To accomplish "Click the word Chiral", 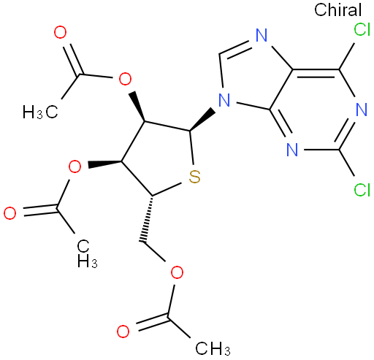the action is [337, 10].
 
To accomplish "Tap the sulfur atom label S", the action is [194, 177].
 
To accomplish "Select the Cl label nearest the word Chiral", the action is [362, 30].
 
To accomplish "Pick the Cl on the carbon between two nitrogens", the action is [362, 189].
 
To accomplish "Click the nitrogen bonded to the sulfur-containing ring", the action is [224, 100].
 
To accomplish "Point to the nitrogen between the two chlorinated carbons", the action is [362, 110].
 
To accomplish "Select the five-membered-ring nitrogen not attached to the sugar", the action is [262, 35].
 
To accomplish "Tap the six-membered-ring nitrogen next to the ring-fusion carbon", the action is [292, 150].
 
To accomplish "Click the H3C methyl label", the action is [40, 112].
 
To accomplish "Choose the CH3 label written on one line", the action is [213, 348].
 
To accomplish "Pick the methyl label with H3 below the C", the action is [87, 253].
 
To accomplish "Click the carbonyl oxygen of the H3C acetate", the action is [60, 33].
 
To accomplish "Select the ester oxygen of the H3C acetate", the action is [125, 79].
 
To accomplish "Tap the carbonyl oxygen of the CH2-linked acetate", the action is [123, 332].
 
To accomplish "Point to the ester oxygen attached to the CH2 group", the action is [177, 272].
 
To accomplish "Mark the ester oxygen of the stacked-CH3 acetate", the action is [75, 166].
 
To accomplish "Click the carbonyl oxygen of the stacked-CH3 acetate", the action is [10, 213].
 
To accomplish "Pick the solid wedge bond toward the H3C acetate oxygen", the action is [137, 107].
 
